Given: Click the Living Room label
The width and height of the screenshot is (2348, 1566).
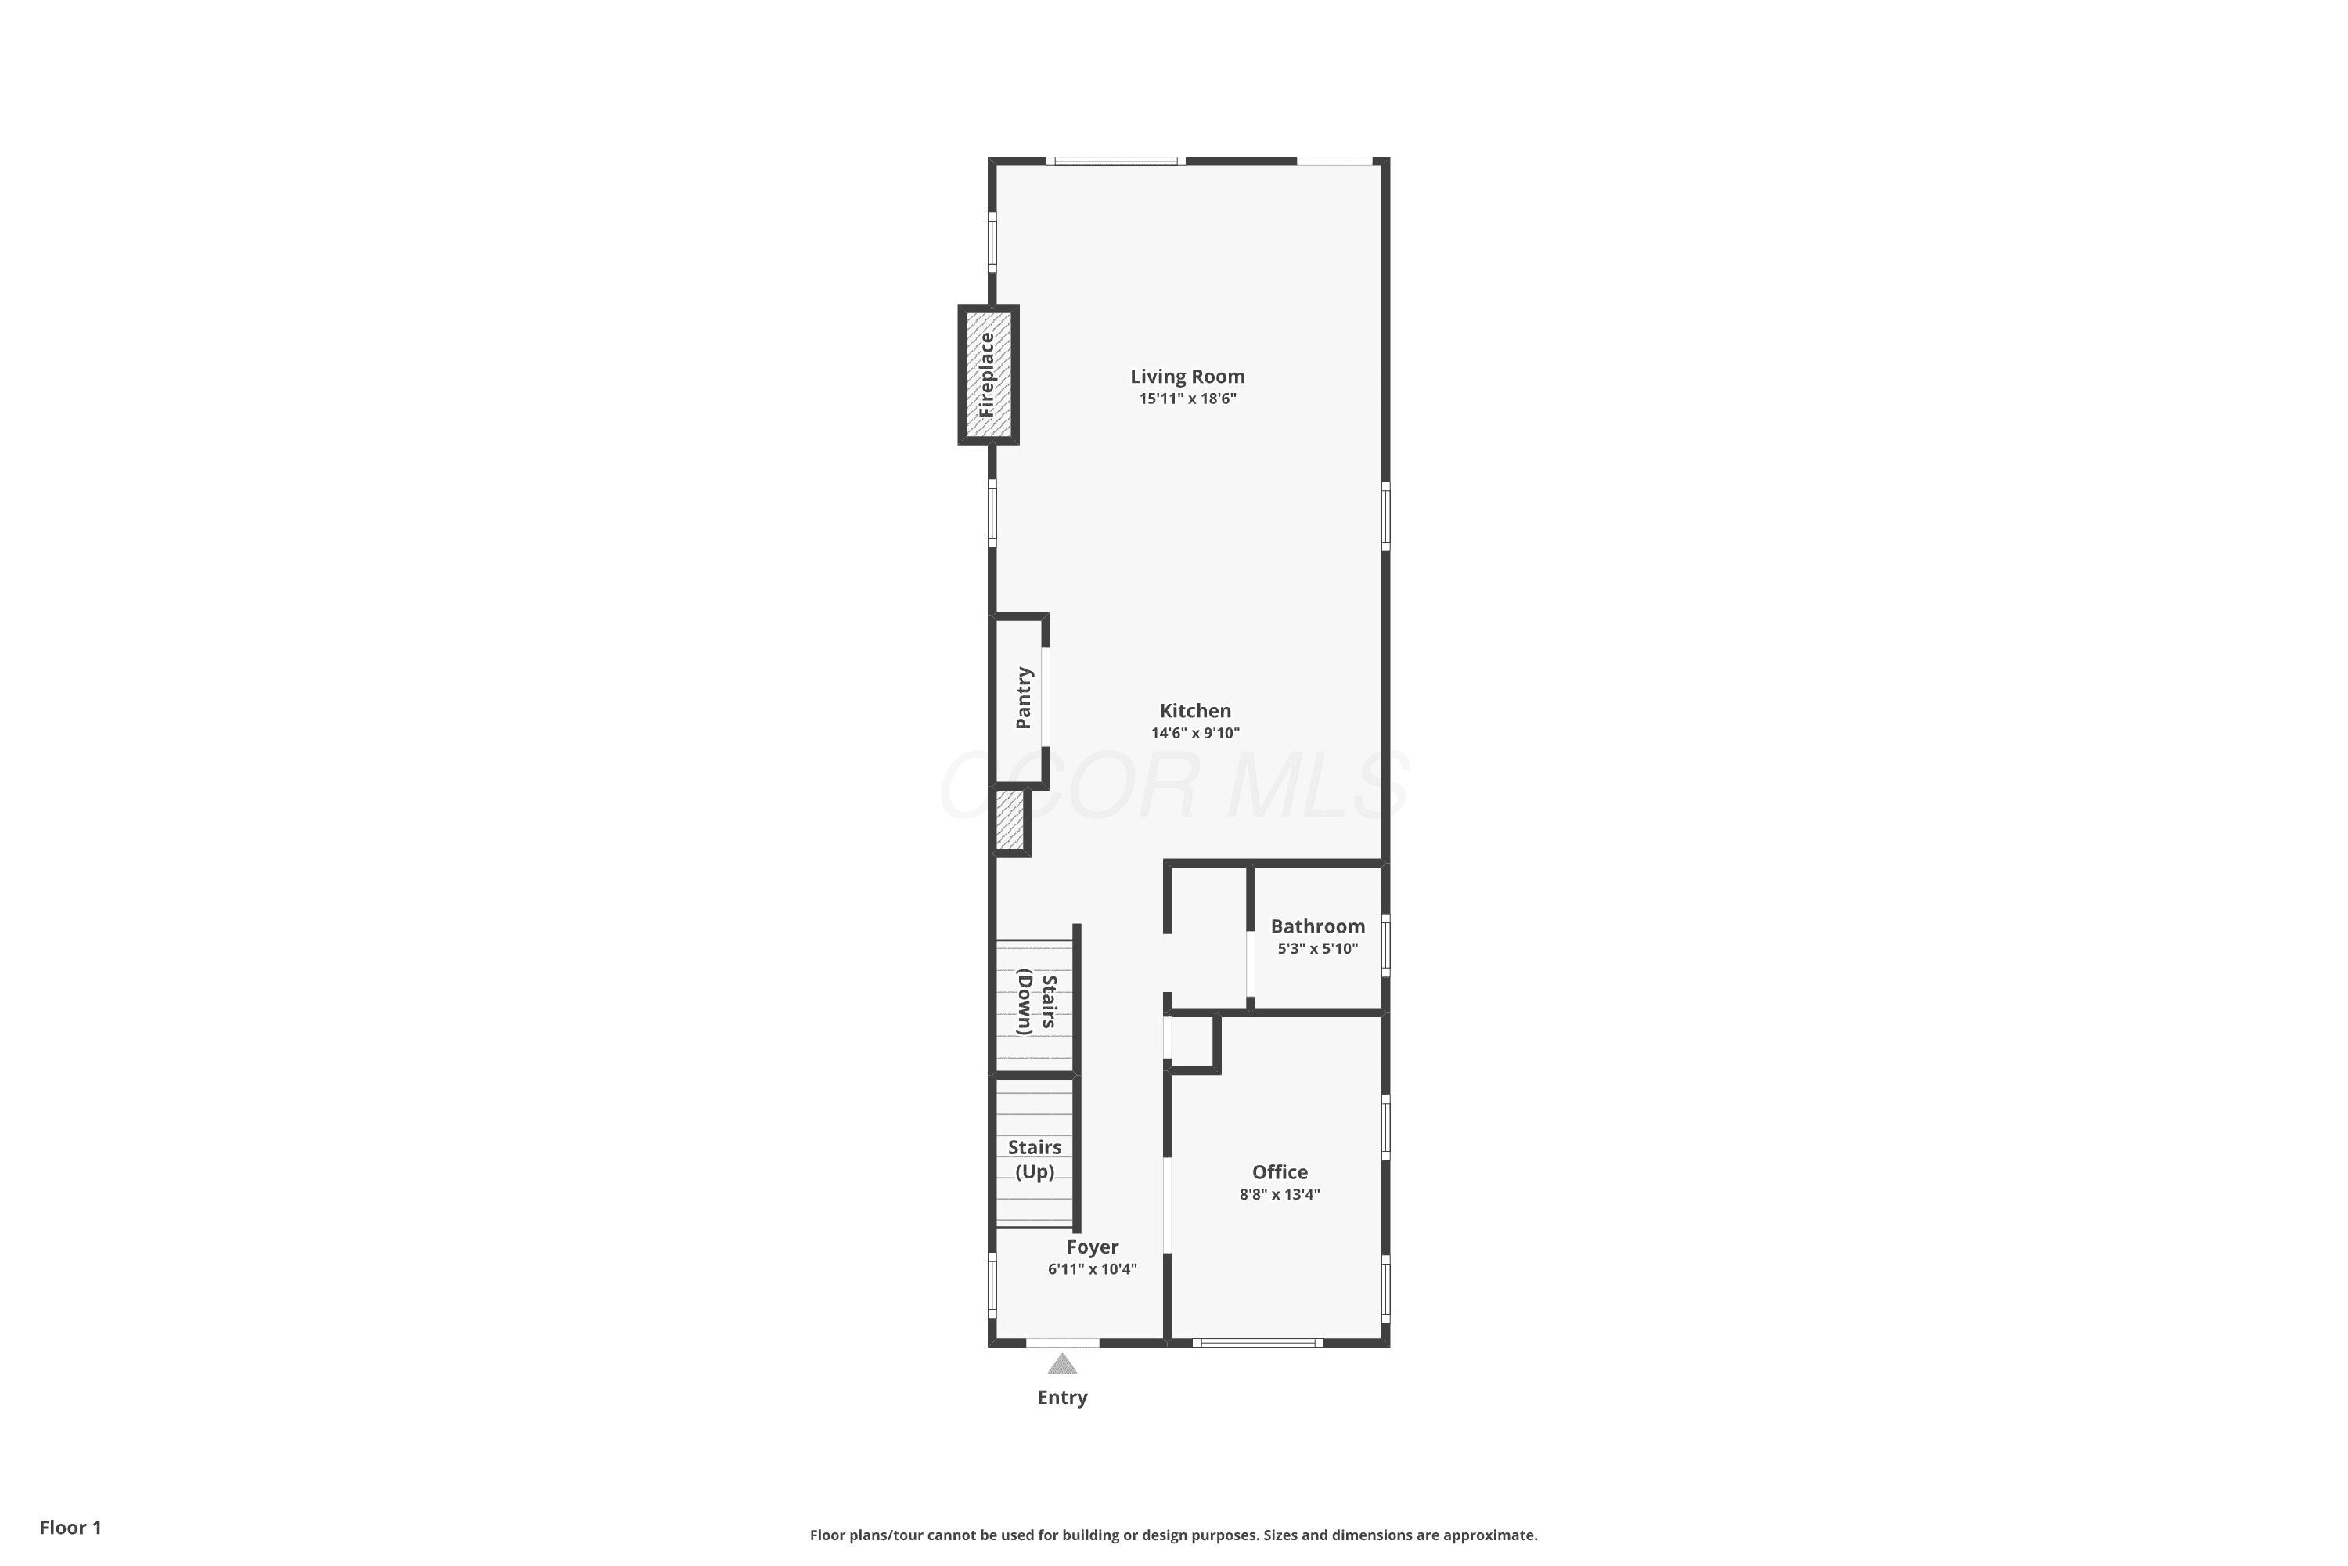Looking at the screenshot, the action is tap(1187, 377).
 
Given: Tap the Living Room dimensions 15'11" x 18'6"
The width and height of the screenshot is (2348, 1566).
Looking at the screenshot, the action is tap(1188, 399).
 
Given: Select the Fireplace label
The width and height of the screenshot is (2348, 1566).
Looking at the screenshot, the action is tap(986, 374).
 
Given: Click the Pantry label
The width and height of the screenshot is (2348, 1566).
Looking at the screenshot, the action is tap(1023, 698).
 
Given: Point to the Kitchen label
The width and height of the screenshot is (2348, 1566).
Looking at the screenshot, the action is tap(1195, 711).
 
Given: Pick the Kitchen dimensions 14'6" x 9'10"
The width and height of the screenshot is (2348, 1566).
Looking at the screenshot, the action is tap(1195, 733).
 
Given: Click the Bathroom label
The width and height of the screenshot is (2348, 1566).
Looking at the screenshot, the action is tap(1318, 927).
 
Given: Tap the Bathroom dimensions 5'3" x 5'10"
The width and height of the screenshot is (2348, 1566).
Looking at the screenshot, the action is tap(1318, 949).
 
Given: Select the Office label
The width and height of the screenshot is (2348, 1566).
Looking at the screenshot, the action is tap(1280, 1172).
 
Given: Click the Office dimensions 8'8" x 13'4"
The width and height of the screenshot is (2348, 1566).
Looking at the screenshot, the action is tap(1280, 1195).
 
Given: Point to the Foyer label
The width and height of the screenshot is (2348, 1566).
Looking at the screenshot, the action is tap(1092, 1247).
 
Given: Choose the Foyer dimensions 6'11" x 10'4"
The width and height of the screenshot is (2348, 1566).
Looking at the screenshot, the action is tap(1092, 1269).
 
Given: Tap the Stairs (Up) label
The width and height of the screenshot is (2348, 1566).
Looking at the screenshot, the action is tap(1034, 1160).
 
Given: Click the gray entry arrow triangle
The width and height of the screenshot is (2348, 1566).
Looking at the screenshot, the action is tap(1062, 1364).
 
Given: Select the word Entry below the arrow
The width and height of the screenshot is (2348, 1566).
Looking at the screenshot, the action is tap(1062, 1397).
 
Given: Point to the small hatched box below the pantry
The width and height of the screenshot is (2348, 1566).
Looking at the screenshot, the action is tap(1010, 821).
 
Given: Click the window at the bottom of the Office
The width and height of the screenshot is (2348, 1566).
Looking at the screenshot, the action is tap(1258, 1342).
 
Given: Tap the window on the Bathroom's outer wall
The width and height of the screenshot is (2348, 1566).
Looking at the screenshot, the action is tap(1385, 945).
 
